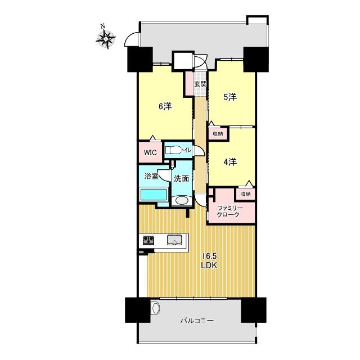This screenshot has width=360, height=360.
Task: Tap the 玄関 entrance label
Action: point(200,84)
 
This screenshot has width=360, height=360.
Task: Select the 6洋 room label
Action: point(165,106)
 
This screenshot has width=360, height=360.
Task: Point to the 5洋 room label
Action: point(230,97)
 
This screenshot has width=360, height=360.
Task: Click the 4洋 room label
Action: point(230,162)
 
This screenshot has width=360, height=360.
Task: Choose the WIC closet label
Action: point(150,152)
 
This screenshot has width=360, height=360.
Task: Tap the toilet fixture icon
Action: point(173,151)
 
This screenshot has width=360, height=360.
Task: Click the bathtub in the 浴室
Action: point(154,195)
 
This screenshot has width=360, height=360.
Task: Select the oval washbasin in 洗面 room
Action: point(182,200)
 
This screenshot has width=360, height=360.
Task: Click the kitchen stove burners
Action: point(148,240)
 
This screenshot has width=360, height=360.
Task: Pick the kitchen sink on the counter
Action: point(174,240)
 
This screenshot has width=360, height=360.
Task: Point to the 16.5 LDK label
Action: point(209,260)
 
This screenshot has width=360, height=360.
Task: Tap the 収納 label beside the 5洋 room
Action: point(218,134)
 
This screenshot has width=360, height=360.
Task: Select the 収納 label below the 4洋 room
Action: point(245,194)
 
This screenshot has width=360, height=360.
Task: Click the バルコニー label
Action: point(197,321)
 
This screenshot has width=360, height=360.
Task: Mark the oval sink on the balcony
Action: point(155,308)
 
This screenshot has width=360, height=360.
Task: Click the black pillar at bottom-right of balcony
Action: point(254,310)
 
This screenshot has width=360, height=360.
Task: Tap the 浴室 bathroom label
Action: point(151,176)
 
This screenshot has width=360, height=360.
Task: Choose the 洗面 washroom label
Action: point(181,178)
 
